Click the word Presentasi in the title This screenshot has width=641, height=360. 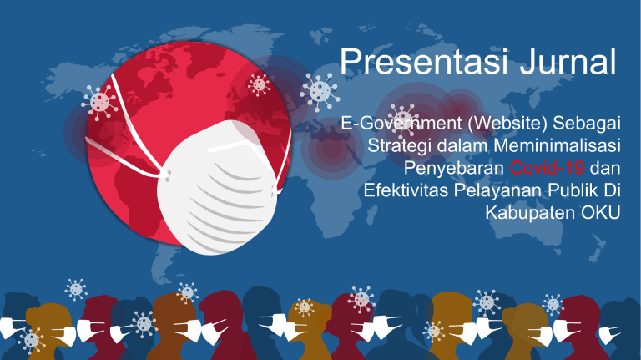424,62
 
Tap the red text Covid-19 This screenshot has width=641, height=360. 547,168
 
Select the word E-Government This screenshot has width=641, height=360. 401,124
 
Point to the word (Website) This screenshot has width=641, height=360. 507,124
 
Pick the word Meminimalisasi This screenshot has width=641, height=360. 558,145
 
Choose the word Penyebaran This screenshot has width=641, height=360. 454,168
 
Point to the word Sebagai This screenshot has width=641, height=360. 587,124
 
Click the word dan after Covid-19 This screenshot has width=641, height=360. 605,168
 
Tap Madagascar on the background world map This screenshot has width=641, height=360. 371,215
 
